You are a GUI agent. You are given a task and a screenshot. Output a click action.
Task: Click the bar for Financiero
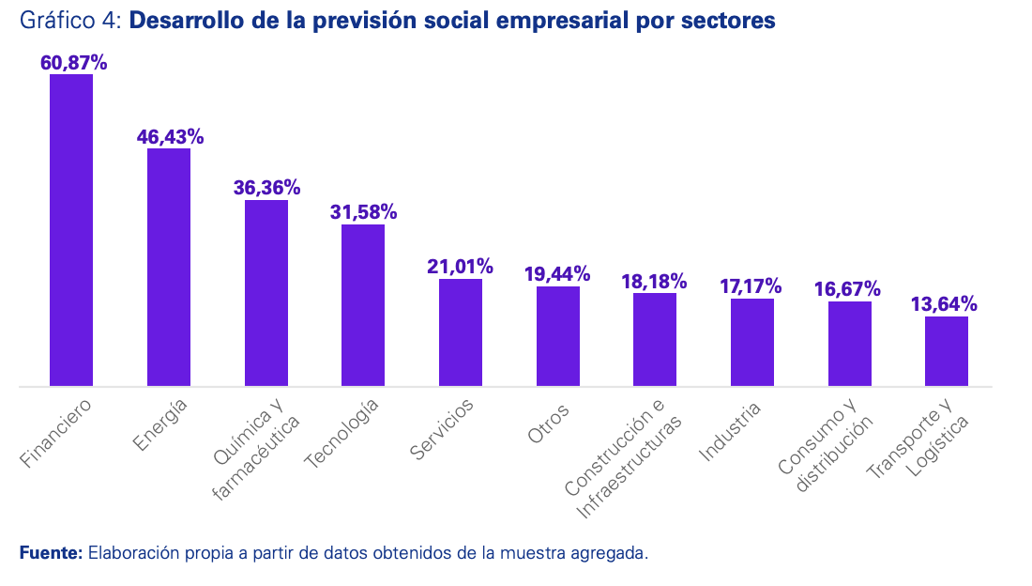(71, 230)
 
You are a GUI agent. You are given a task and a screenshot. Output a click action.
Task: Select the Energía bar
(169, 268)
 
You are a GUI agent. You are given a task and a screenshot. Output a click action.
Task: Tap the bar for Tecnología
(363, 305)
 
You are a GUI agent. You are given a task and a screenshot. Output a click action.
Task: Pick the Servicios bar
(461, 332)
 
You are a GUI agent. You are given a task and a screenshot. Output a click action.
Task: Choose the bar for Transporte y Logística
(947, 351)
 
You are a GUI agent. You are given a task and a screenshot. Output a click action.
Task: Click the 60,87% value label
(73, 63)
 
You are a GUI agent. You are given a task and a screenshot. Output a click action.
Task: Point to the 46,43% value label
(170, 137)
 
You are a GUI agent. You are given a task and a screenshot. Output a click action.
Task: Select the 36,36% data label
(266, 188)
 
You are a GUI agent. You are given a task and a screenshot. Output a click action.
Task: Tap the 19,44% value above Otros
(557, 274)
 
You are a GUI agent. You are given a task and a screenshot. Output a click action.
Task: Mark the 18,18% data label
(654, 281)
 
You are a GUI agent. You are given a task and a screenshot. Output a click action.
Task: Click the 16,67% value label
(848, 288)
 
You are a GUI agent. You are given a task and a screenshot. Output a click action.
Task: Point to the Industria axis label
(730, 432)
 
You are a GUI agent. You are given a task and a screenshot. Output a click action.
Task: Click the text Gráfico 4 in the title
(68, 21)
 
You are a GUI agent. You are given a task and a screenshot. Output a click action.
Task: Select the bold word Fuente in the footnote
(51, 553)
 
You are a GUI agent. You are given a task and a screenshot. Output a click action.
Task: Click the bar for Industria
(752, 342)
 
